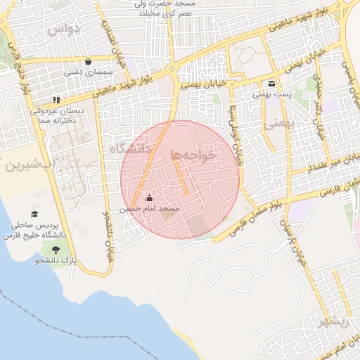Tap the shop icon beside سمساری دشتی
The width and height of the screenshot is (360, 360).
pos(87,60)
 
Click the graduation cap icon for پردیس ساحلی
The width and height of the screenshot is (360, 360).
pos(34,214)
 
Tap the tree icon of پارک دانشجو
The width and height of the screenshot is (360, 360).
pos(55,248)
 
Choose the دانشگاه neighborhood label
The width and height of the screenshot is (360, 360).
pos(130,149)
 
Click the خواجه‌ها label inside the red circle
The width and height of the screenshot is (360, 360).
pos(192,155)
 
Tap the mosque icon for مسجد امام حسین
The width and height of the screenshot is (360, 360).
pos(148,198)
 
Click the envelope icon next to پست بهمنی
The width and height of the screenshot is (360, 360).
pos(271,83)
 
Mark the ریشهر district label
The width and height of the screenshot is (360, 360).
pos(333,322)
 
